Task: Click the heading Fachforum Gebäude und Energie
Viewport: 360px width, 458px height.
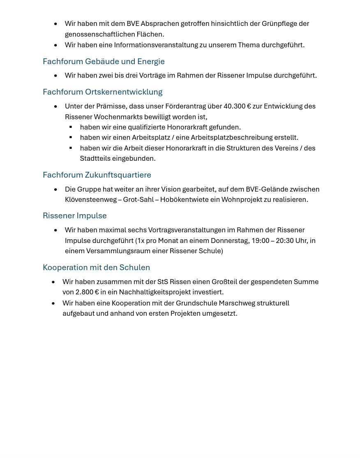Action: click(x=104, y=62)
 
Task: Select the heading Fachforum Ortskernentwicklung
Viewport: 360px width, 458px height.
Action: click(x=102, y=92)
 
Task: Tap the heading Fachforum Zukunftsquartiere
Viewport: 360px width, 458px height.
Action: click(x=97, y=175)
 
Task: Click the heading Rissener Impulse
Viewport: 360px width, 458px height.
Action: click(x=75, y=216)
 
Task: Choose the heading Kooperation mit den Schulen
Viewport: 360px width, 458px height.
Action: click(x=96, y=268)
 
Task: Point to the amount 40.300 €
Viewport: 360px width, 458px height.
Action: click(x=237, y=106)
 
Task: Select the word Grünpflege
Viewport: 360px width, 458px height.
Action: click(x=279, y=24)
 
